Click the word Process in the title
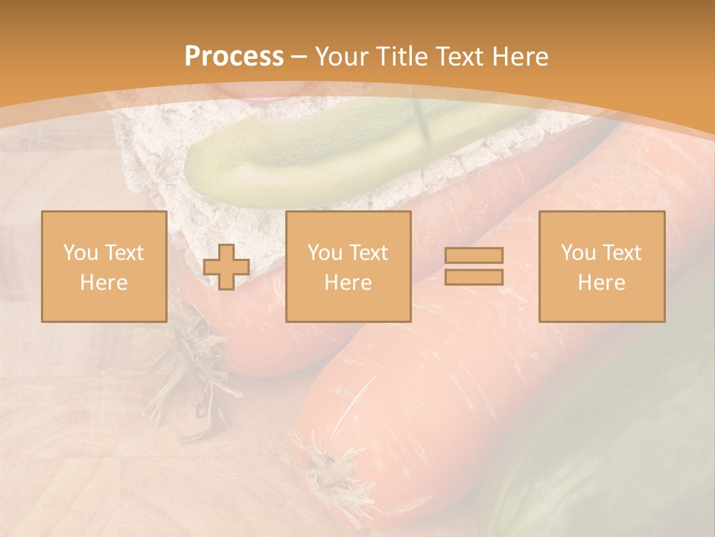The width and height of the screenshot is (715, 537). [234, 57]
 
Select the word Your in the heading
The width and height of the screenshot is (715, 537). [341, 57]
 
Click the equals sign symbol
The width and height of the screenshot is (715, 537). [474, 266]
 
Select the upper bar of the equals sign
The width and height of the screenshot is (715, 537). [474, 256]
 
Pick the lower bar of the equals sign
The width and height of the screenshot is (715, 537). [474, 277]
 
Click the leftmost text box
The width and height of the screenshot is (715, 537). [104, 266]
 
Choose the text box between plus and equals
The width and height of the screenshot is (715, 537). [348, 266]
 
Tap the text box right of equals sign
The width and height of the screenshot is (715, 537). [601, 266]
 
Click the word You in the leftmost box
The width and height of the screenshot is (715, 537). [79, 253]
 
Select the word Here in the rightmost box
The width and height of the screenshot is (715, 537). [601, 283]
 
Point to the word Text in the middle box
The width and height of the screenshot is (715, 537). [369, 253]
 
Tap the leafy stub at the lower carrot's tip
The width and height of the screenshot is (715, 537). [328, 470]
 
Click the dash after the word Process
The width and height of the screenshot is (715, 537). [299, 57]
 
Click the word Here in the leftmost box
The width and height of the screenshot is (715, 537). [104, 283]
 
